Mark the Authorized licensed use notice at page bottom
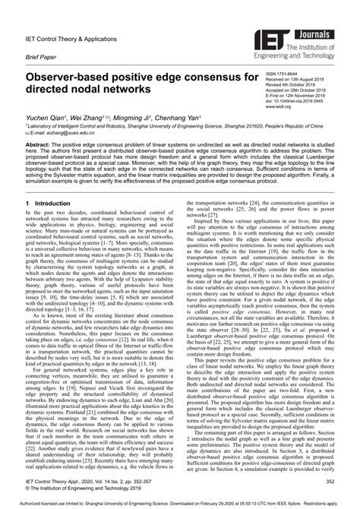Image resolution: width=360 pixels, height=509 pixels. tap(179, 501)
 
